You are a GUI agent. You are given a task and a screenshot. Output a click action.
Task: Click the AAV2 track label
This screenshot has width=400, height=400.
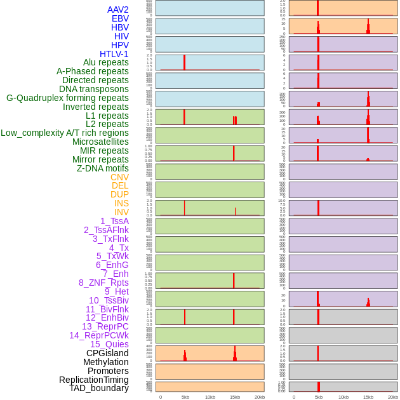(x=118, y=10)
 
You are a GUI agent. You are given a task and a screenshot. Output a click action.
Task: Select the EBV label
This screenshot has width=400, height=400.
(x=120, y=18)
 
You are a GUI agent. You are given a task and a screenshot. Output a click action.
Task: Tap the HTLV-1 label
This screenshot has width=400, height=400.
(x=114, y=54)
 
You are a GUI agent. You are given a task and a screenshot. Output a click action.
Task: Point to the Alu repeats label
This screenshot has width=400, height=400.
(x=106, y=62)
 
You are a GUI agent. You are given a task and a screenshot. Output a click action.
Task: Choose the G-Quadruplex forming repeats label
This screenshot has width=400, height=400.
(x=67, y=98)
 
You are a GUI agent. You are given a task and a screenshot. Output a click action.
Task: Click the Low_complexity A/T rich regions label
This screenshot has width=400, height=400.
(x=65, y=133)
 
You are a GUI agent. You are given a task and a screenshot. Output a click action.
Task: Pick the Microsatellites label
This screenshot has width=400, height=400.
(x=100, y=142)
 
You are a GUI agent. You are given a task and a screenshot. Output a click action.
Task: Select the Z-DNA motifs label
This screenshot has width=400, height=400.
(x=103, y=168)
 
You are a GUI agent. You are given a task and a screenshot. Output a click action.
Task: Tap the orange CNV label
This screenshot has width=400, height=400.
(x=119, y=177)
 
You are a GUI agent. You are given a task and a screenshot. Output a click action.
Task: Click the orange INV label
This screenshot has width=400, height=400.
(x=121, y=212)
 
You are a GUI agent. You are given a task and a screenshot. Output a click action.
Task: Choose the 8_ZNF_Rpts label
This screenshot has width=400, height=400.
(x=103, y=283)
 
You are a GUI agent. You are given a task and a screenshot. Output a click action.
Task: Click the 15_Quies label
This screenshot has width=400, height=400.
(x=109, y=344)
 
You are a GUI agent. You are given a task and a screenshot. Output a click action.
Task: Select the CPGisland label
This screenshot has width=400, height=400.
(x=107, y=353)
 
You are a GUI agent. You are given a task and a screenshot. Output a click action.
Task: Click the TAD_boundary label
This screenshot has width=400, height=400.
(x=99, y=388)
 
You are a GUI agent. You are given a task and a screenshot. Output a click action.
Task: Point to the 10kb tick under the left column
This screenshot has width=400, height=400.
(x=210, y=397)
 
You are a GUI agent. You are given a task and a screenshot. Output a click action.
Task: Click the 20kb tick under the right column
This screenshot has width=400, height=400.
(x=393, y=397)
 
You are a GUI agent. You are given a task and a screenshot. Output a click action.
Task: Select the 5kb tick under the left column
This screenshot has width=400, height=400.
(x=185, y=397)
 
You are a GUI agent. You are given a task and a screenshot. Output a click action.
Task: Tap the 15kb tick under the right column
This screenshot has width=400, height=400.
(x=368, y=397)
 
